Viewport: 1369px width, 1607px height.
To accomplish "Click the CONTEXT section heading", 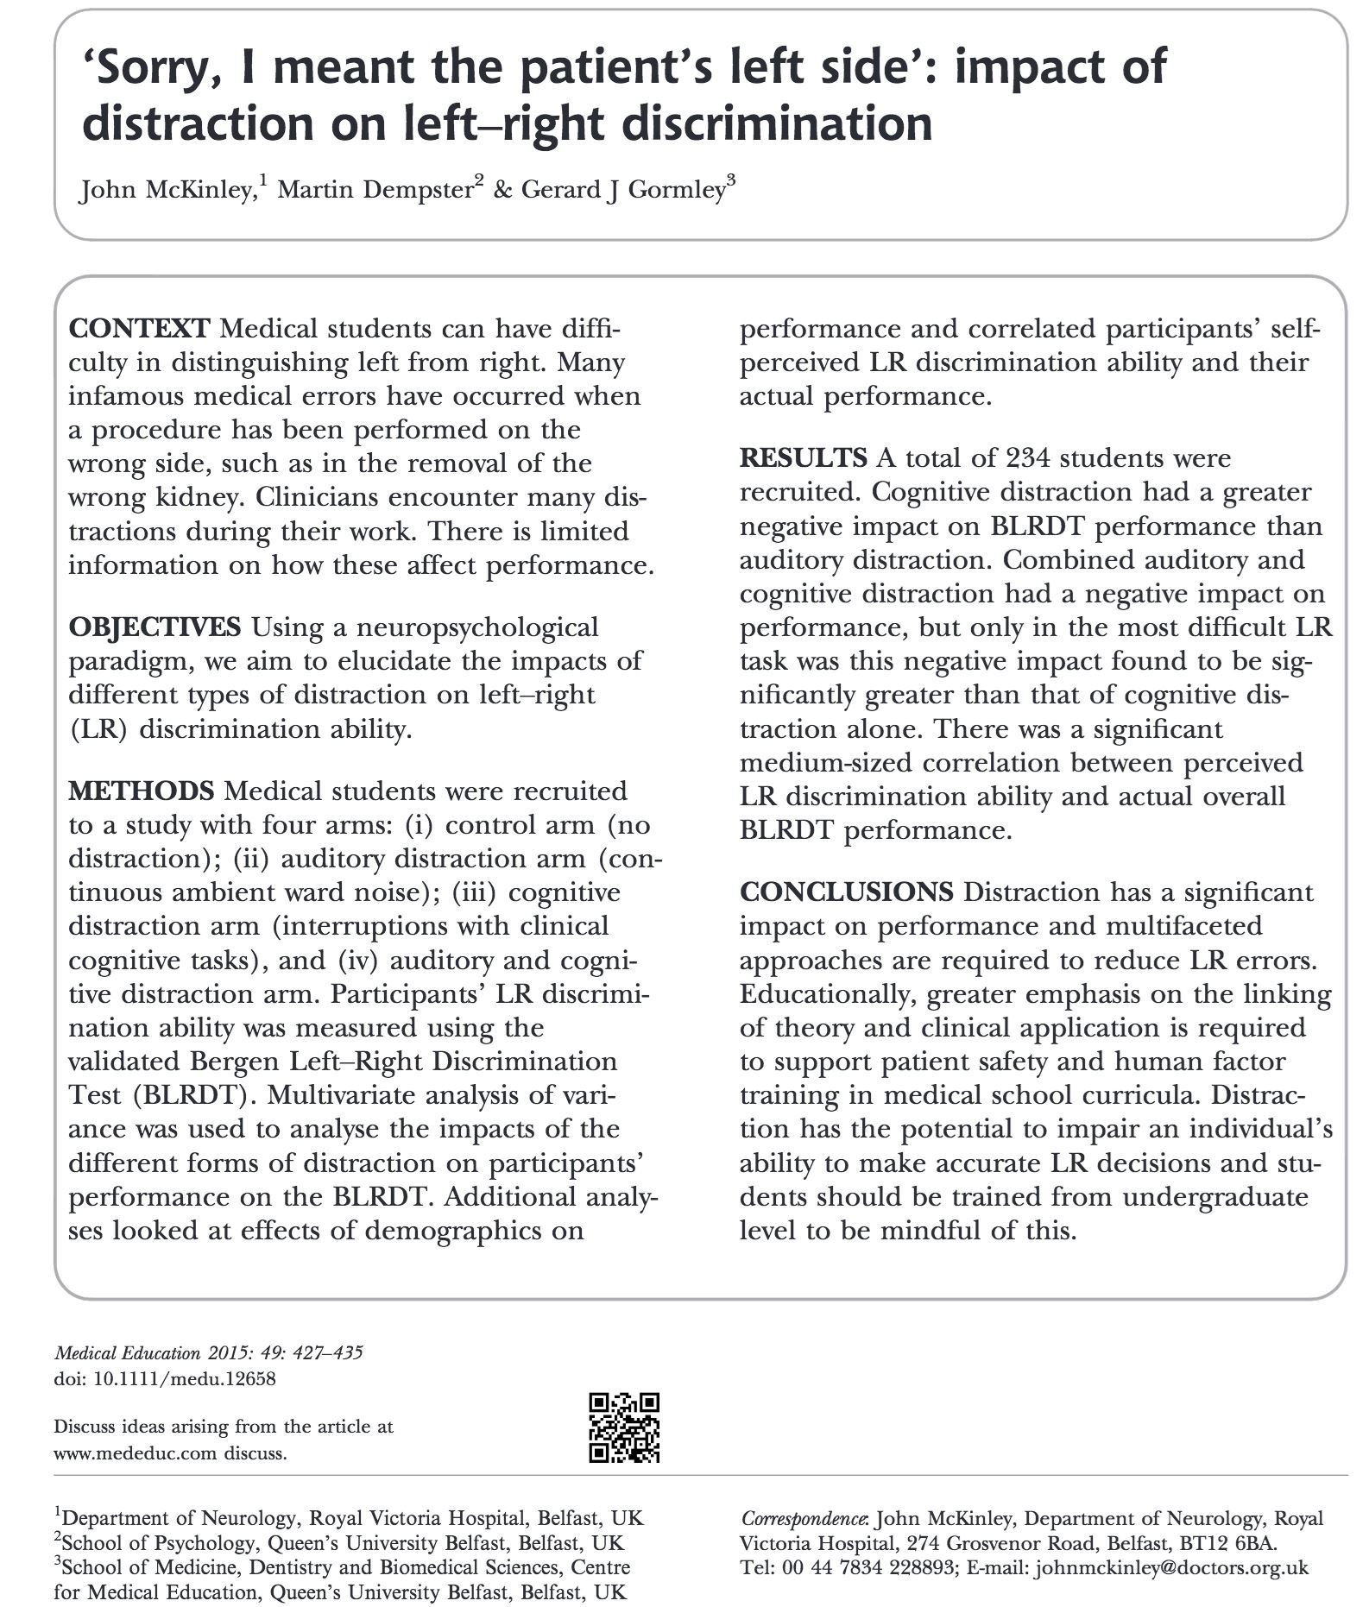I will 138,329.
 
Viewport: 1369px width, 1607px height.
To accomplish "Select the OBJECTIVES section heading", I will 155,627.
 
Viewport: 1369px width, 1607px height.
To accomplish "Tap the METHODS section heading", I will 141,791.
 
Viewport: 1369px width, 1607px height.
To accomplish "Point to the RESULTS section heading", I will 803,458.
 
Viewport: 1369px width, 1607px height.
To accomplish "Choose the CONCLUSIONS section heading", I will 846,892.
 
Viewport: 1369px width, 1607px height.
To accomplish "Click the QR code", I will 624,1427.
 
